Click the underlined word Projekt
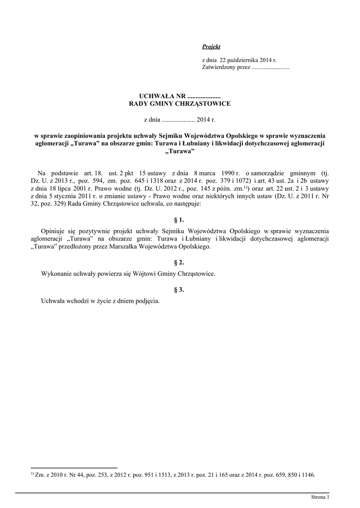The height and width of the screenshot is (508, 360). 211,47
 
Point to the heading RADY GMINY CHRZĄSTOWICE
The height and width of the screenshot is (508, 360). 180,104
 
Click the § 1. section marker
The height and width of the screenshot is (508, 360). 179,219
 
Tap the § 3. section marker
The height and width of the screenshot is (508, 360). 179,290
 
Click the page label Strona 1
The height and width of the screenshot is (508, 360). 320,497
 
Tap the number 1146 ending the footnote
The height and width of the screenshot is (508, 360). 308,475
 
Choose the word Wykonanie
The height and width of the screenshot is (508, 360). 56,273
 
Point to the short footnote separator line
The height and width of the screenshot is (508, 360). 74,468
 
